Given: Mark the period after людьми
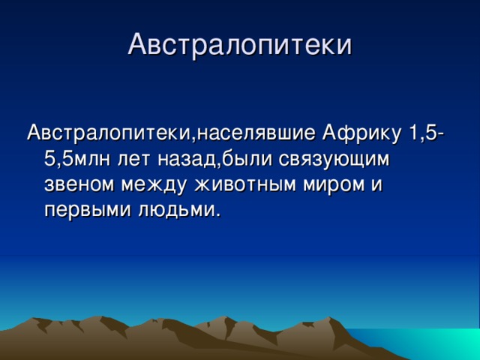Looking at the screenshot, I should (218, 217).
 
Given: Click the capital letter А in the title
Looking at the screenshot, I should (138, 44).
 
